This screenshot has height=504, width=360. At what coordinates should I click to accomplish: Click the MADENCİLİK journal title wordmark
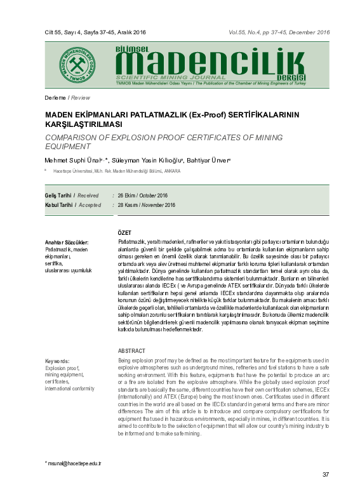pos(207,62)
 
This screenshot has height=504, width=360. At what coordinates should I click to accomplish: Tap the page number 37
pos(326,475)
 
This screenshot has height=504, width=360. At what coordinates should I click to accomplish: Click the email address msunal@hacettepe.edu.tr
pos(73,464)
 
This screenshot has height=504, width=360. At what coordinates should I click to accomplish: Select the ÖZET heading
pos(125,233)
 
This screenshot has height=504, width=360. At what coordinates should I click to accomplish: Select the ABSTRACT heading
pos(131,351)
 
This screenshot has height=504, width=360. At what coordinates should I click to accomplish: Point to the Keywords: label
pos(57,361)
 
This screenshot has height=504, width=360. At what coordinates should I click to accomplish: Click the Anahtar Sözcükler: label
pos(67,243)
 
